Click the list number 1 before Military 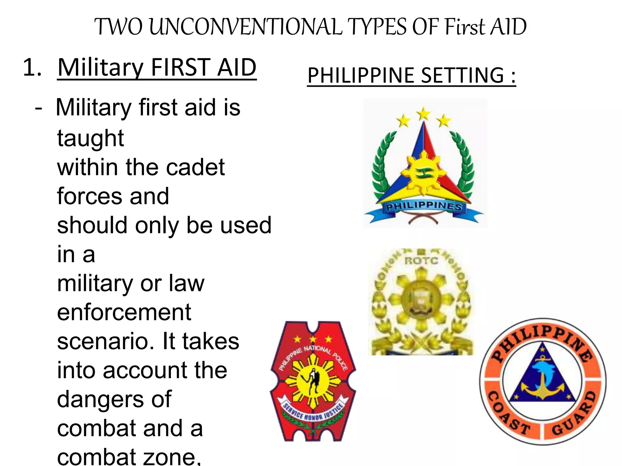32,67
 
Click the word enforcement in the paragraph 124,312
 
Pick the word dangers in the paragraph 114,399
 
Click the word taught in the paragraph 91,138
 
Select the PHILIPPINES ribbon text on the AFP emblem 424,206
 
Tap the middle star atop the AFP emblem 424,114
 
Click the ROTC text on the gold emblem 421,261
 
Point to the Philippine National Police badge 313,381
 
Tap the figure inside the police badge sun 313,381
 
